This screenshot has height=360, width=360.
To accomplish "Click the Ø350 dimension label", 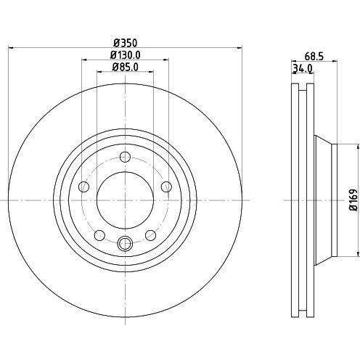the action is click(x=126, y=43).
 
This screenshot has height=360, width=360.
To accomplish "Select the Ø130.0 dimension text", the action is click(x=125, y=55).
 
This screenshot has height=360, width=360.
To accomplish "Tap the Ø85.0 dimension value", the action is click(x=125, y=67).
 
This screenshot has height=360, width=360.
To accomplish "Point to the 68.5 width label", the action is click(x=314, y=57).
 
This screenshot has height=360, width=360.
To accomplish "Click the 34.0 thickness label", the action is click(x=303, y=69).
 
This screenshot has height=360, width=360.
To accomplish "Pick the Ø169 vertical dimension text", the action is click(x=353, y=200).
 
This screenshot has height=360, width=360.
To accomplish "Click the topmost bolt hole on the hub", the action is click(x=125, y=157).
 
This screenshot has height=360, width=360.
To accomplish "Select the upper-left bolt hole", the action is click(x=84, y=187).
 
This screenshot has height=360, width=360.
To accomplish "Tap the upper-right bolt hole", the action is click(x=166, y=187).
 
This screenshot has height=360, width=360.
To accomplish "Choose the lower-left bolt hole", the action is click(x=99, y=235).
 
